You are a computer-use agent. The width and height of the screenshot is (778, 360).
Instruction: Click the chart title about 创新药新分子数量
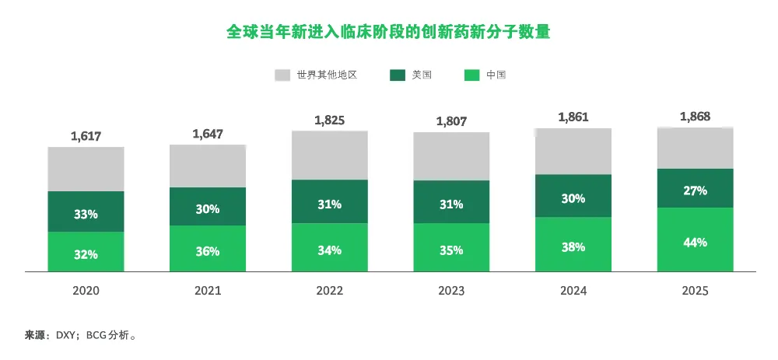pos(388,32)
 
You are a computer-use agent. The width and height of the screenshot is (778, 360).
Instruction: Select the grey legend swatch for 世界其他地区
pos(282,75)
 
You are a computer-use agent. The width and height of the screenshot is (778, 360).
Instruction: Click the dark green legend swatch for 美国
pos(398,75)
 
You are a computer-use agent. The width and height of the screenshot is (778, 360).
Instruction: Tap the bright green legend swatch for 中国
pos(471,75)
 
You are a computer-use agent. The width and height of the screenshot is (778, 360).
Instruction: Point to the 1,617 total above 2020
pos(86,136)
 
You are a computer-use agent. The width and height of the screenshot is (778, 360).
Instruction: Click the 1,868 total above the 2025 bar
pos(695,117)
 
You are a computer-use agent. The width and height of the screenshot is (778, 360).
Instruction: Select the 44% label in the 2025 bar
pos(695,242)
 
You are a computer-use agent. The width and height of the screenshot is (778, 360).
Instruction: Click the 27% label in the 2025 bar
pos(695,190)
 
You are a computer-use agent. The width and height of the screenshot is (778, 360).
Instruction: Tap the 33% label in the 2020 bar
pos(86,214)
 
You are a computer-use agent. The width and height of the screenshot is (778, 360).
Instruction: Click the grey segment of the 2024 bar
pos(573,151)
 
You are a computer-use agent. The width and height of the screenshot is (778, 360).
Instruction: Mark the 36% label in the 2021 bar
pos(208,251)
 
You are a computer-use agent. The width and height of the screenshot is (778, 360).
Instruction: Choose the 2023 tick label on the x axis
pos(451,291)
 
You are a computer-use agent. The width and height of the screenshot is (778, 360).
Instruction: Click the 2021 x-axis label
pos(208,291)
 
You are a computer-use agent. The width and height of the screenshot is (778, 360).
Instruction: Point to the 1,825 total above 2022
pos(329,121)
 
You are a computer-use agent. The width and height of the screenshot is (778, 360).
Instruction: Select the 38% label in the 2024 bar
pos(573,246)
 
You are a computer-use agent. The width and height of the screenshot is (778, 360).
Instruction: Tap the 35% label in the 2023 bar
pos(451,250)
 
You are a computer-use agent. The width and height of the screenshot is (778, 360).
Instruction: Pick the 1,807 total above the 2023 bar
pos(451,121)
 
